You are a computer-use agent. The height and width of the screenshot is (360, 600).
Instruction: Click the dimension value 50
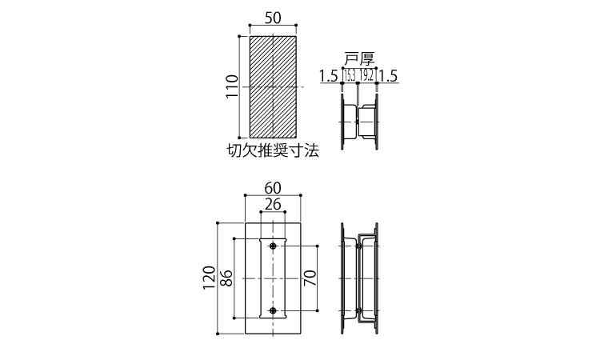273,18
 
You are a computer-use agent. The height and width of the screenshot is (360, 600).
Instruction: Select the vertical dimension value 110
232,86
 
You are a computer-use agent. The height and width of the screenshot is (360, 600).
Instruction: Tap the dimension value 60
273,188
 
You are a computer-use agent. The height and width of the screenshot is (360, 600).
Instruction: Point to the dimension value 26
273,204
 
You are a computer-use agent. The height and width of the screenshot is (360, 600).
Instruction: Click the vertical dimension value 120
210,278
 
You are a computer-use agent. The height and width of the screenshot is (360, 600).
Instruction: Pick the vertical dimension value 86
226,278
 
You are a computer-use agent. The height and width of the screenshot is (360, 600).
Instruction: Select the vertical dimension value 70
310,278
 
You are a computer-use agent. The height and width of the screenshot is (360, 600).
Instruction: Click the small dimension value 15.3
350,76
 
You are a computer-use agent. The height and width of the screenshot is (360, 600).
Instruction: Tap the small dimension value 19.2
366,76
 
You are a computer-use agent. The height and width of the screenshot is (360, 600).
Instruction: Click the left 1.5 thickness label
329,77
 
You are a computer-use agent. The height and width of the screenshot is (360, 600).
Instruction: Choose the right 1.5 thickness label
389,76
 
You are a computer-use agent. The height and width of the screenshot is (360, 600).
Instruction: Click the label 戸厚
359,60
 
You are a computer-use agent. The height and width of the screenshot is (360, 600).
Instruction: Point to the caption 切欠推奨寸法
273,150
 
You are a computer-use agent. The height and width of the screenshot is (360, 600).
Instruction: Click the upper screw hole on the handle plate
273,246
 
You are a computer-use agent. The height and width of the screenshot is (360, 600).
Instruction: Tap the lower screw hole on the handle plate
273,310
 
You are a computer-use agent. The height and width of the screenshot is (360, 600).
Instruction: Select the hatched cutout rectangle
273,87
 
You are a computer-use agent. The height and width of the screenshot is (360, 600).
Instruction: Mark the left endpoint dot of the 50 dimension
250,26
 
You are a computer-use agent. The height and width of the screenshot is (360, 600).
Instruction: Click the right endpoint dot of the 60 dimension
301,195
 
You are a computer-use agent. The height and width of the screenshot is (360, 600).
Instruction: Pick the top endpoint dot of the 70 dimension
318,246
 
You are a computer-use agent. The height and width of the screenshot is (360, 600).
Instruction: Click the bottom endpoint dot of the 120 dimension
218,334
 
